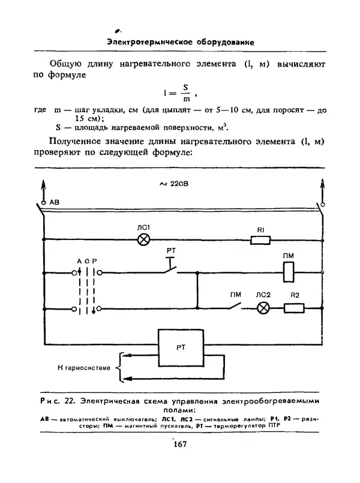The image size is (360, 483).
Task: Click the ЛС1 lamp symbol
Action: [x=144, y=240]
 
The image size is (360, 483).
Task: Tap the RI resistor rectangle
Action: [x=260, y=240]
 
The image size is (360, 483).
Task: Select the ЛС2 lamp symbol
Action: [x=263, y=308]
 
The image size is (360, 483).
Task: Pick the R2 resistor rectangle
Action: [x=294, y=308]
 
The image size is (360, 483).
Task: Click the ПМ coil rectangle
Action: [x=288, y=272]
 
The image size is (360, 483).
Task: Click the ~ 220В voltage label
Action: [x=176, y=184]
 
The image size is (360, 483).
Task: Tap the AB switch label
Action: [x=55, y=202]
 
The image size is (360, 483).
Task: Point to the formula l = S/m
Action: [x=180, y=93]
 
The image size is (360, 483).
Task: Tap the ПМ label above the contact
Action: [x=236, y=294]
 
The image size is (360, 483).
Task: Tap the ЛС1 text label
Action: [x=143, y=227]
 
